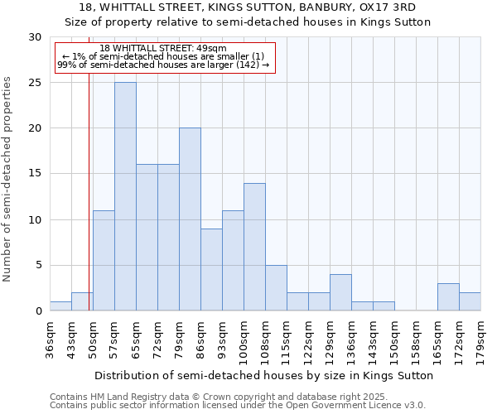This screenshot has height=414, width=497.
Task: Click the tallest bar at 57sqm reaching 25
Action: point(125,196)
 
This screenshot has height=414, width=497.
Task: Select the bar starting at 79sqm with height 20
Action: point(190,219)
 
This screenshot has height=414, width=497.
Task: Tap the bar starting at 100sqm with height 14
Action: point(254,247)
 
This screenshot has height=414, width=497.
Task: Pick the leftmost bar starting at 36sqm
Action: point(60,306)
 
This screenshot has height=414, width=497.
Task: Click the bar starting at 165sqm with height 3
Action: point(448,297)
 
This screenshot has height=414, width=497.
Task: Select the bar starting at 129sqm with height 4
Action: point(340,292)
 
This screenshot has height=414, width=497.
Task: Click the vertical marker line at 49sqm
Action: point(89,166)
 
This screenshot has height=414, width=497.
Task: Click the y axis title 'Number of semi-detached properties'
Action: point(7,179)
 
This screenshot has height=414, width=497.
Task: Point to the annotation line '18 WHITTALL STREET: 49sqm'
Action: point(162,49)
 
